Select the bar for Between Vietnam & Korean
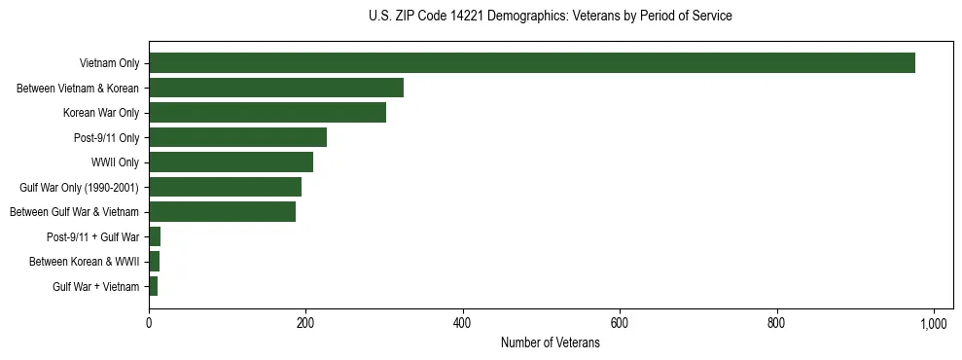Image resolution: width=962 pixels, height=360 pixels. (276, 88)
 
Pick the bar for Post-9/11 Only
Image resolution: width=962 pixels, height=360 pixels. (237, 137)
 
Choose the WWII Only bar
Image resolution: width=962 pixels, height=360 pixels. (231, 162)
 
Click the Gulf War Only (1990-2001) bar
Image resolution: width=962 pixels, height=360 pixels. (225, 187)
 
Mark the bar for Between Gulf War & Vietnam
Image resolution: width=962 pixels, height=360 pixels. (222, 212)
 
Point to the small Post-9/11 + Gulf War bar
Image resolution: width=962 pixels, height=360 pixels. (155, 236)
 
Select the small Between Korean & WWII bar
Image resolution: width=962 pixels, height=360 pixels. (154, 262)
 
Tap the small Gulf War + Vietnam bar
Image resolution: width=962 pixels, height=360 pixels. (153, 286)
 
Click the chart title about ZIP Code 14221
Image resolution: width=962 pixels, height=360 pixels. (550, 17)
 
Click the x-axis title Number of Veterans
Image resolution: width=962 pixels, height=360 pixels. (550, 343)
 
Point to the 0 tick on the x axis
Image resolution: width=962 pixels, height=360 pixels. (149, 323)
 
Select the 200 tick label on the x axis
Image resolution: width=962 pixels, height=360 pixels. (305, 323)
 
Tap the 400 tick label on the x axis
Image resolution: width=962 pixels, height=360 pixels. (463, 323)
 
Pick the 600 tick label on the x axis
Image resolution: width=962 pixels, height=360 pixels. (620, 323)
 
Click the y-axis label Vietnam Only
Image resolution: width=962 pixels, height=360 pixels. (109, 63)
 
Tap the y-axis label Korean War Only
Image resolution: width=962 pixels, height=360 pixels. (101, 113)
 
